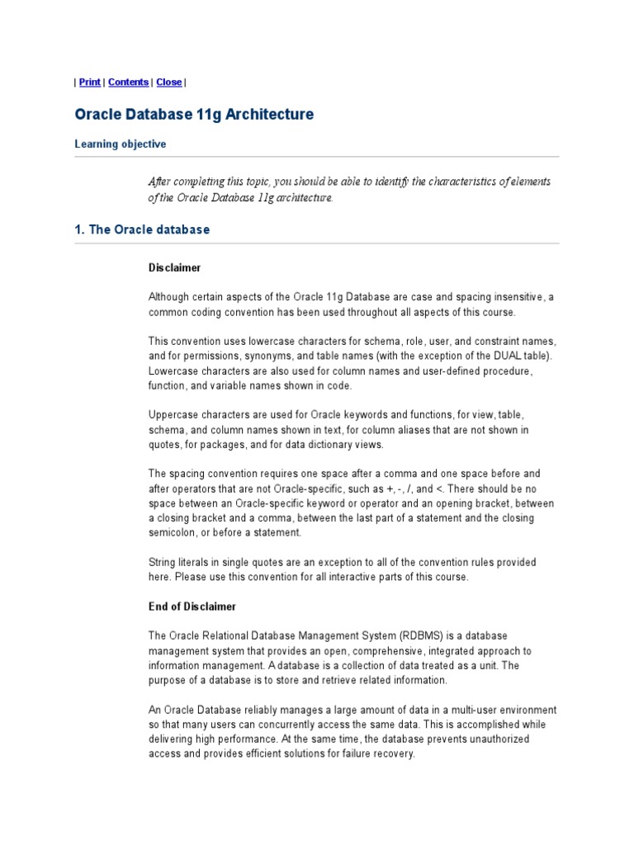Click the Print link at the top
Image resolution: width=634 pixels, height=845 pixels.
[x=90, y=83]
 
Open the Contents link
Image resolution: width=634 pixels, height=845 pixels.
[x=129, y=83]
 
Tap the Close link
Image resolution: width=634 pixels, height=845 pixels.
[x=169, y=83]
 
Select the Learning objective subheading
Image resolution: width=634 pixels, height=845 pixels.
[x=120, y=144]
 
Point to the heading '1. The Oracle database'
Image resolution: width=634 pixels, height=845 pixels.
[x=142, y=230]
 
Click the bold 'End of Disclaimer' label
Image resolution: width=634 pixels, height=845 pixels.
[x=192, y=607]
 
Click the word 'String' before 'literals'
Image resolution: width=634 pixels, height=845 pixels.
[x=162, y=562]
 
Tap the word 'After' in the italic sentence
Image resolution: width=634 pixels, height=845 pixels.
[x=162, y=182]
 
